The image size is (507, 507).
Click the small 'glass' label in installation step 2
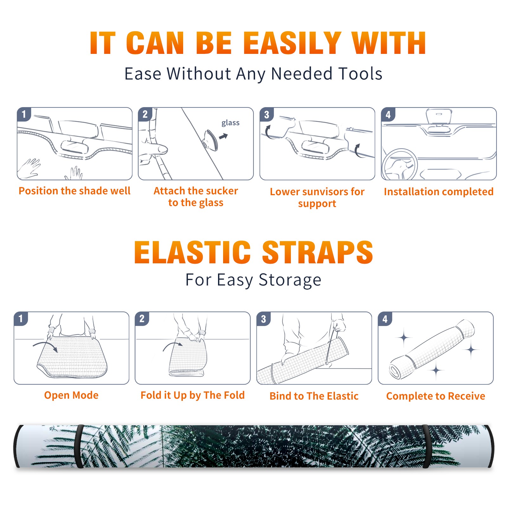pos(230,123)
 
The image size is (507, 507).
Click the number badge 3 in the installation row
pos(266,115)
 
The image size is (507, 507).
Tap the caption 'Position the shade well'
pos(74,191)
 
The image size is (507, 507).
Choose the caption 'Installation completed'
pos(439,192)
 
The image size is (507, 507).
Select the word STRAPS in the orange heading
pos(318,252)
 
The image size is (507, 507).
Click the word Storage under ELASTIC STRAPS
pos(290,280)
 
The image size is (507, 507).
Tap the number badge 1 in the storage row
pos(21,319)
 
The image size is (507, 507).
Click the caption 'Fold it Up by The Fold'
pos(193,395)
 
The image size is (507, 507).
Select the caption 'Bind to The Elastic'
pos(314,396)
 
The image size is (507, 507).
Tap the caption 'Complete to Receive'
pos(436,396)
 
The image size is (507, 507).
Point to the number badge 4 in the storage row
pos(385,319)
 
